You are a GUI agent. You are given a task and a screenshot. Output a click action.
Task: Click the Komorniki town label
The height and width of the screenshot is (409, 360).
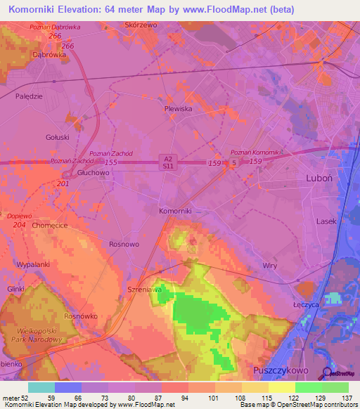point(175,211)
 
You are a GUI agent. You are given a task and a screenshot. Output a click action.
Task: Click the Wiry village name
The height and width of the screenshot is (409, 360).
point(269,266)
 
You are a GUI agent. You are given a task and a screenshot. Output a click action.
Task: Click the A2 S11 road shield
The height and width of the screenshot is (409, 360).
point(165,162)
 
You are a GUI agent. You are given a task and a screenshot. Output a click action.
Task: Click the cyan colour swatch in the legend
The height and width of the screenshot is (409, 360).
point(41,387)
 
